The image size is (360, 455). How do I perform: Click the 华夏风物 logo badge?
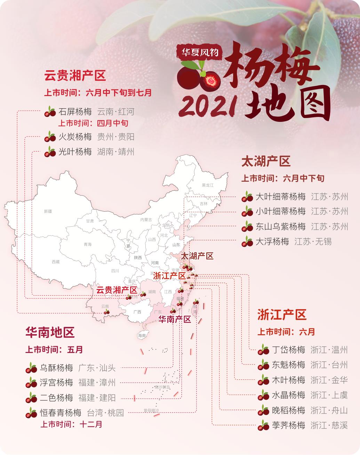click(199, 52)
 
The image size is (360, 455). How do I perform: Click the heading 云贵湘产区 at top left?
click(75, 75)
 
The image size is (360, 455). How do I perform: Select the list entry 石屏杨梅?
click(75, 112)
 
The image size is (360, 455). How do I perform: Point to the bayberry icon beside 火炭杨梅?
click(50, 137)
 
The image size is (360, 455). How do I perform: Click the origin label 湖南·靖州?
click(116, 152)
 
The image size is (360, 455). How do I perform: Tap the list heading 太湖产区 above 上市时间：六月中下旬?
click(266, 162)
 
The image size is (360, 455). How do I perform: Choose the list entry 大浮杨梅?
click(272, 242)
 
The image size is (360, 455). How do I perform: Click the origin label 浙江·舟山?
click(329, 410)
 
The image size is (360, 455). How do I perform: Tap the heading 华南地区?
click(50, 332)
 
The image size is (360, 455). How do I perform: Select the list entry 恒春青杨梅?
click(60, 413)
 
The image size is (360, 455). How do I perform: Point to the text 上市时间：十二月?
click(72, 424)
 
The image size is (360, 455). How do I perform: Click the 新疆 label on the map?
click(48, 211)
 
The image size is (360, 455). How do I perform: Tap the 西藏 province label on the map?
click(56, 261)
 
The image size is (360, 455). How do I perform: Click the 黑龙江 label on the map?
click(207, 185)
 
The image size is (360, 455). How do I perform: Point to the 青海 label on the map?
click(87, 244)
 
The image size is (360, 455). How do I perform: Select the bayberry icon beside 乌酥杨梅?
click(31, 368)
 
